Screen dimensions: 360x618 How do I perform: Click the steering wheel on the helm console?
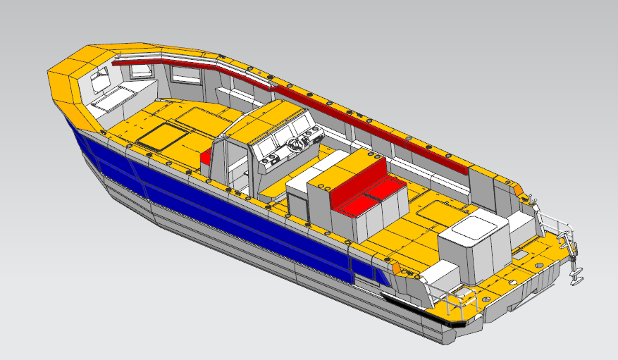297,144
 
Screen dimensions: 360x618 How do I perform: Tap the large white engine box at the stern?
474,246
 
